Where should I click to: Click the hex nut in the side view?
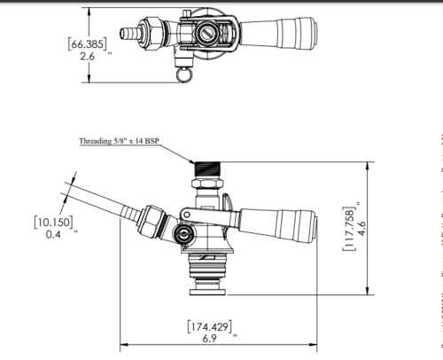154,221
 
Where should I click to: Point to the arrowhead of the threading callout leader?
194,160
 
